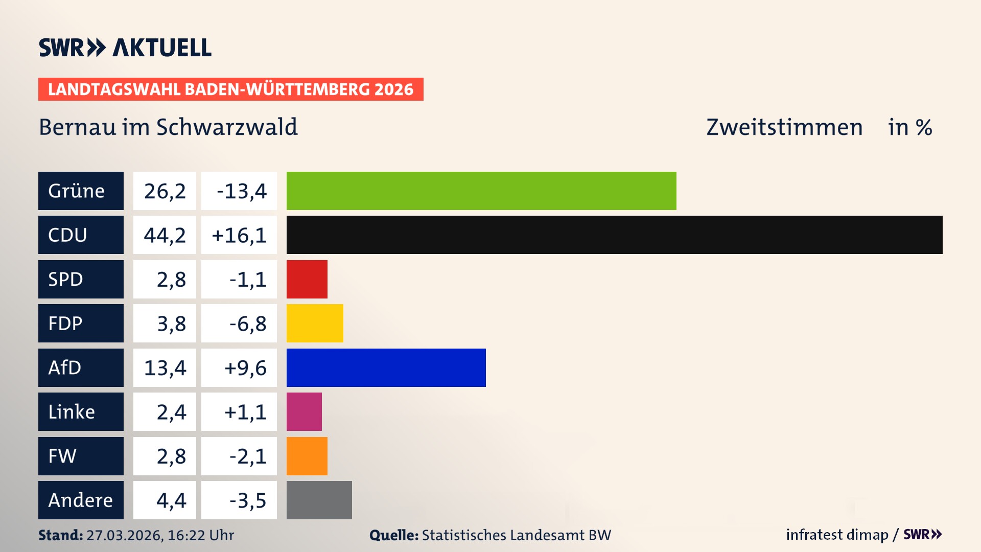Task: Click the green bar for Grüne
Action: tap(481, 191)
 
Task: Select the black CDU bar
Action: tap(614, 235)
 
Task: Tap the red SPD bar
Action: tap(307, 279)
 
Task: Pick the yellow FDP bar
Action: tap(315, 323)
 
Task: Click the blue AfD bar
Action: tap(386, 367)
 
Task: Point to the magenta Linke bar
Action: tap(304, 411)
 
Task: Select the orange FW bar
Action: tap(307, 456)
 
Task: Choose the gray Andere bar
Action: tap(319, 500)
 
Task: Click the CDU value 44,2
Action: tap(165, 235)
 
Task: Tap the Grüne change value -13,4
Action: tap(241, 191)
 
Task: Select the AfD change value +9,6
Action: tap(245, 368)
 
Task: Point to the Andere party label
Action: tap(81, 500)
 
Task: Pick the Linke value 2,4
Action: tap(171, 412)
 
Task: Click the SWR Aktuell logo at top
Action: tap(125, 48)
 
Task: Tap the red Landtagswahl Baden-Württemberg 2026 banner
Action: tap(230, 89)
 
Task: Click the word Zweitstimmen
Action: tap(784, 127)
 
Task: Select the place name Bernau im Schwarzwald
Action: tap(168, 127)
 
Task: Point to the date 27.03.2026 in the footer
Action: tap(125, 535)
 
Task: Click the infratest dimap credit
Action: tap(836, 535)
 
